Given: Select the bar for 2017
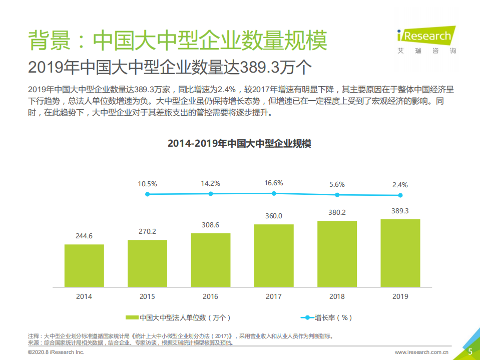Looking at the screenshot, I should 274,255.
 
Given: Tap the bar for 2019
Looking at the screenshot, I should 400,253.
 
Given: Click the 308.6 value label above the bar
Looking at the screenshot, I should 210,225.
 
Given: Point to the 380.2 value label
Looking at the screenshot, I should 337,212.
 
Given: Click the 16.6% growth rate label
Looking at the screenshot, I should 274,183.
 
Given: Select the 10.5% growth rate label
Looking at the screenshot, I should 147,184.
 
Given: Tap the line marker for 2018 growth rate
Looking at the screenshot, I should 337,195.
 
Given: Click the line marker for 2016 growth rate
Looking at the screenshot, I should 211,194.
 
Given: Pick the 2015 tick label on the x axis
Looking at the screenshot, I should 147,296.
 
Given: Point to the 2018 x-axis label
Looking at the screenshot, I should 337,296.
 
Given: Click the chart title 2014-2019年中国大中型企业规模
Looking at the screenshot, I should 239,144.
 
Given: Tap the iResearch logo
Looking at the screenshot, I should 425,37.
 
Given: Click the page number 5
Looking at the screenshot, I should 470,351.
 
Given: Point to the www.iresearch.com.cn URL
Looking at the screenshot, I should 421,352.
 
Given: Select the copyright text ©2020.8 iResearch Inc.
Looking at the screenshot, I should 56,352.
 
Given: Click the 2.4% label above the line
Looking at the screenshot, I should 400,184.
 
